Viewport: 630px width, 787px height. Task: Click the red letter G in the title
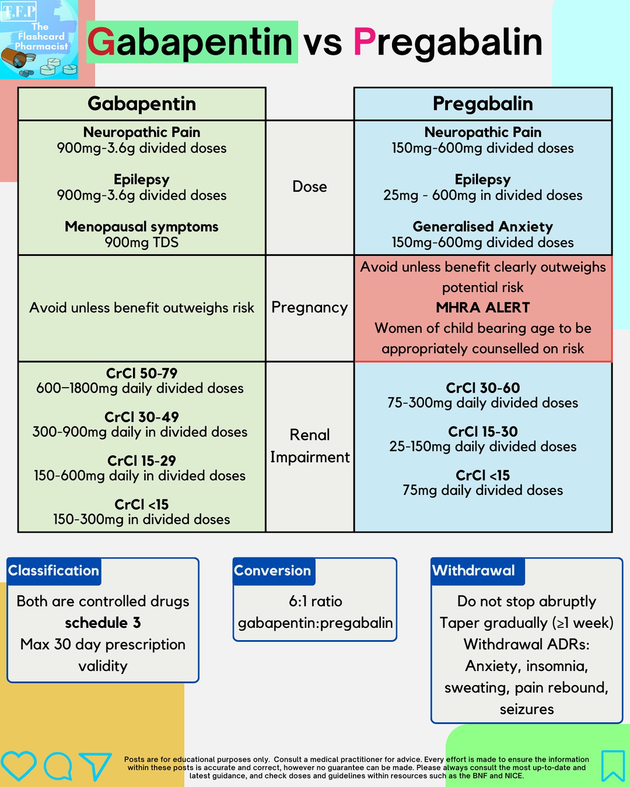[x=101, y=42]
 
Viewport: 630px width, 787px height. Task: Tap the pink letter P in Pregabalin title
[x=364, y=42]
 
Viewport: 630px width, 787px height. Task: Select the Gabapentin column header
[x=141, y=104]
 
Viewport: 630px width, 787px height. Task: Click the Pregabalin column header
[x=483, y=104]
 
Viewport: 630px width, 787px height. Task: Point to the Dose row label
[x=309, y=187]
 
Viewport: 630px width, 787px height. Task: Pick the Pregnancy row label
[x=309, y=307]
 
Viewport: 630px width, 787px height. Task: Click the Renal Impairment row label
[x=309, y=446]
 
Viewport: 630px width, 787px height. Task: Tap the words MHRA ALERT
[x=483, y=307]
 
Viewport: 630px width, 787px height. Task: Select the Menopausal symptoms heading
[x=141, y=227]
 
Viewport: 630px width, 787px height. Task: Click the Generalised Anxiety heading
[x=483, y=227]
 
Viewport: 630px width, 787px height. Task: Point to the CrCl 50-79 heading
[x=141, y=373]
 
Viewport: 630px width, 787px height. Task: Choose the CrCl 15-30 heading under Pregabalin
[x=483, y=432]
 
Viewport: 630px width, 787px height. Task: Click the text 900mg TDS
[x=141, y=243]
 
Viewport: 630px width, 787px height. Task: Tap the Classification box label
[x=54, y=571]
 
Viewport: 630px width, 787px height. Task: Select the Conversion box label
[x=273, y=571]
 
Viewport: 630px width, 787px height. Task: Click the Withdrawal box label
[x=474, y=571]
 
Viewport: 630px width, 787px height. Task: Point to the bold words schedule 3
[x=103, y=623]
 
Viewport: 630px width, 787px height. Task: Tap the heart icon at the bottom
[x=19, y=766]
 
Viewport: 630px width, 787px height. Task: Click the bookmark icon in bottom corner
[x=613, y=766]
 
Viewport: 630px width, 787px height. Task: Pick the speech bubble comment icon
[x=58, y=766]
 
